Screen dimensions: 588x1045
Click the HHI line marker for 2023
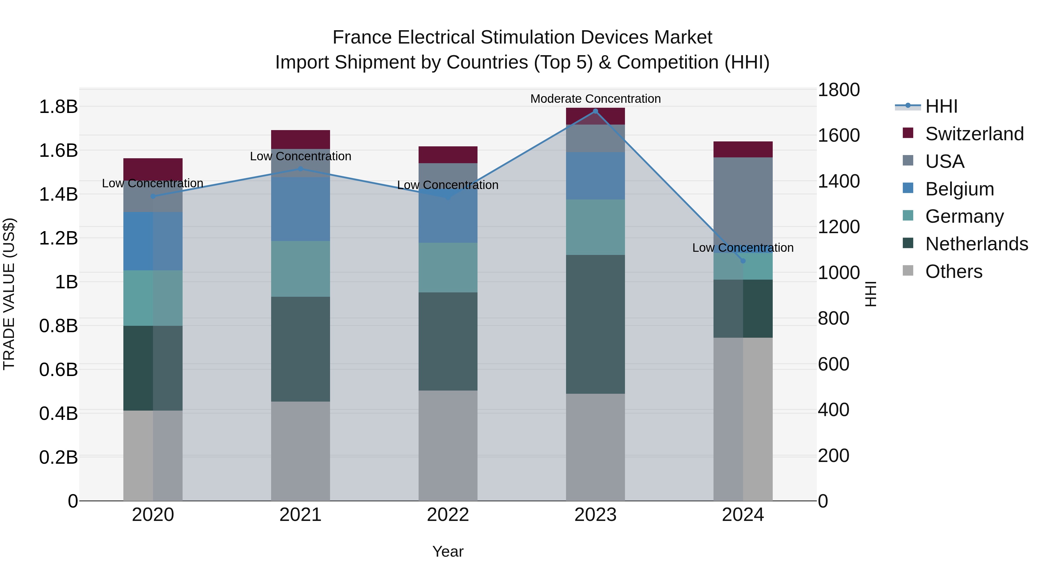(x=595, y=111)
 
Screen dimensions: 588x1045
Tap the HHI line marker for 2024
(x=743, y=261)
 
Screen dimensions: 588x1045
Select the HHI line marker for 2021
(x=300, y=169)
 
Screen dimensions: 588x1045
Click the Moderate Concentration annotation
(x=595, y=99)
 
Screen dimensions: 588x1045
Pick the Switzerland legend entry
(x=974, y=134)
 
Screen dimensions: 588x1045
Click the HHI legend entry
(x=941, y=106)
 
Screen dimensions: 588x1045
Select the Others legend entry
(x=953, y=271)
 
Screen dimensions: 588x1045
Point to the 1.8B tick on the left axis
(x=58, y=107)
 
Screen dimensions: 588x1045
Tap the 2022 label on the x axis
(x=448, y=515)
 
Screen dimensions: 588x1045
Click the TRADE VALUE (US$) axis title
(x=9, y=294)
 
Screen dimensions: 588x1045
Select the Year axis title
(x=448, y=551)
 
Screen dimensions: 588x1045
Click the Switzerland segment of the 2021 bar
(x=300, y=140)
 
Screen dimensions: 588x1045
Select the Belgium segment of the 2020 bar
(x=153, y=241)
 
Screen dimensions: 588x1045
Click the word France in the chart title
(x=362, y=37)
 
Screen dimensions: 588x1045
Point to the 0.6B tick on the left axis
(x=58, y=370)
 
